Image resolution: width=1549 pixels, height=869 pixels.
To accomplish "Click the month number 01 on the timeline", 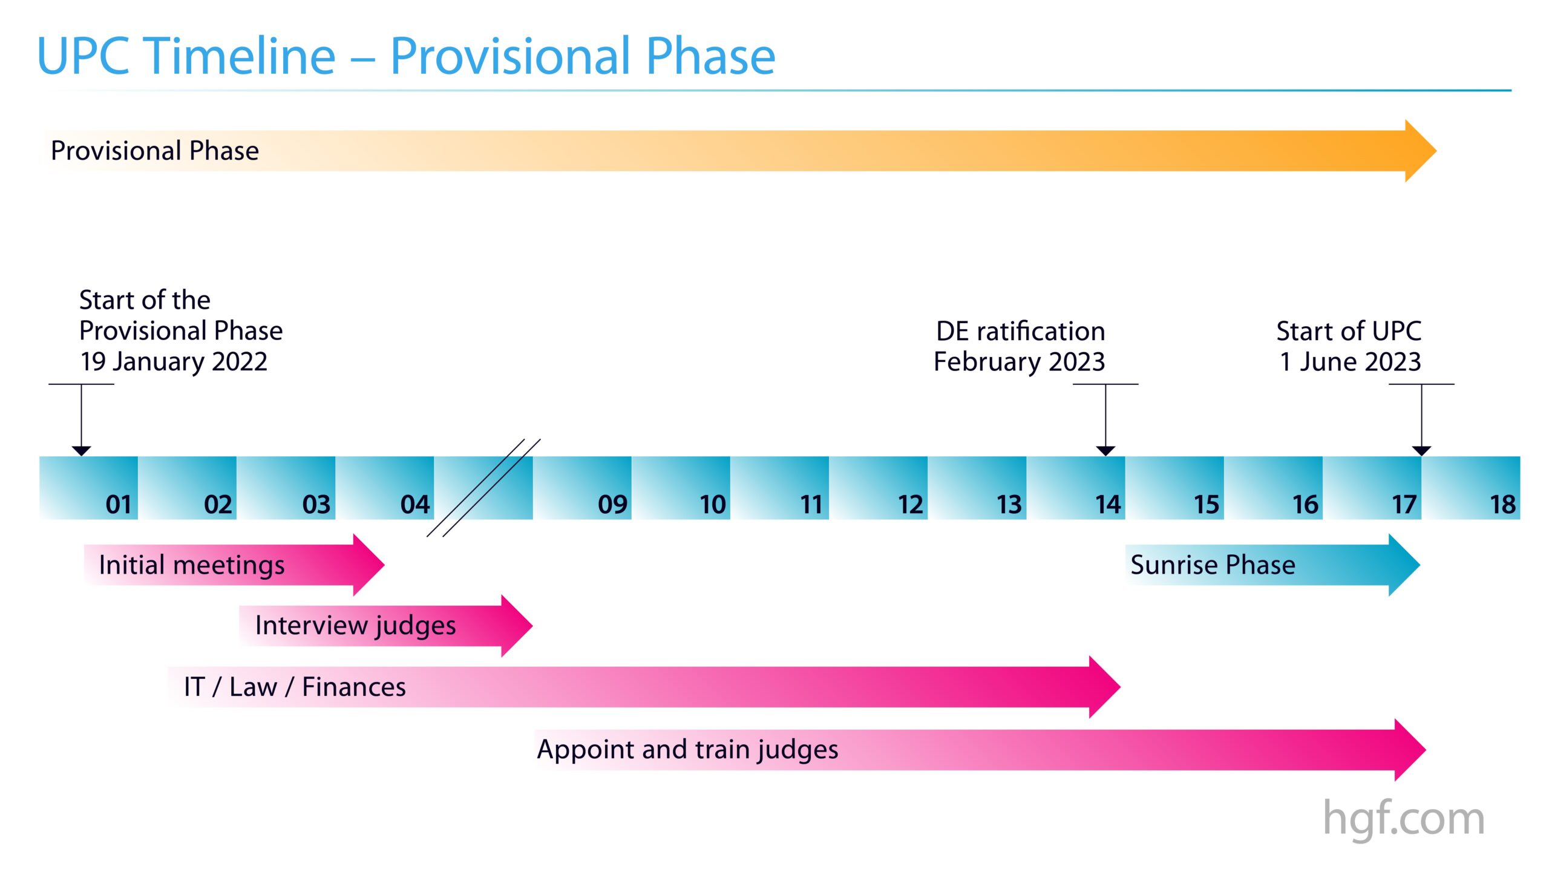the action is (x=118, y=504).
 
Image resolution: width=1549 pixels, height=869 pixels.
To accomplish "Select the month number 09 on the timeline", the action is (x=612, y=504).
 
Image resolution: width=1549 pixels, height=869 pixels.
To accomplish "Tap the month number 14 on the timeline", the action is (x=1108, y=504).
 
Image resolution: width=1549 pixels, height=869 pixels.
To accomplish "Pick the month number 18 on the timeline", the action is (x=1502, y=504).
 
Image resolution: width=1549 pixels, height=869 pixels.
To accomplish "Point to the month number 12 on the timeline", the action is (x=911, y=504).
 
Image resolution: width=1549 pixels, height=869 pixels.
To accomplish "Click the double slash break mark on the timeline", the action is (x=483, y=488).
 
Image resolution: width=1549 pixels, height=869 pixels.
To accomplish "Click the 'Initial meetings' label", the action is (x=192, y=565).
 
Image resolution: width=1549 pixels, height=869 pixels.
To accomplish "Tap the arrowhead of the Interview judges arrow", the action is (x=517, y=626).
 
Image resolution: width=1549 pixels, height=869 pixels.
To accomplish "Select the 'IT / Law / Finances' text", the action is (x=295, y=687).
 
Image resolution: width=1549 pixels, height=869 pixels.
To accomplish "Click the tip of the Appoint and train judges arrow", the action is (x=1426, y=750).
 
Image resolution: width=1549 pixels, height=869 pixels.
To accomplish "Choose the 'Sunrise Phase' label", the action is (x=1213, y=565).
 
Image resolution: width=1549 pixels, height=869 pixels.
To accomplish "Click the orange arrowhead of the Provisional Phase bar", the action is (x=1421, y=151).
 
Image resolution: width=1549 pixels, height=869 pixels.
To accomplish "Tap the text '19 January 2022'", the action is (x=174, y=362).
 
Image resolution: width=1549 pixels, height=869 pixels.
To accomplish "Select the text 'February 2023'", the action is (x=1019, y=362).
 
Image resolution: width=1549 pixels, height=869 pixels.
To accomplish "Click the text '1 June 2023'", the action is (x=1351, y=362).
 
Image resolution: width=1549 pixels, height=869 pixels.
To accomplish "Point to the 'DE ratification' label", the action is (x=1020, y=331).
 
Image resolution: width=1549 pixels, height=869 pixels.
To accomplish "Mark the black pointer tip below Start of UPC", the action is (x=1421, y=455).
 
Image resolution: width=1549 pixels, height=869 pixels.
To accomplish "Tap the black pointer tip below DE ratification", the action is (x=1105, y=455).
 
